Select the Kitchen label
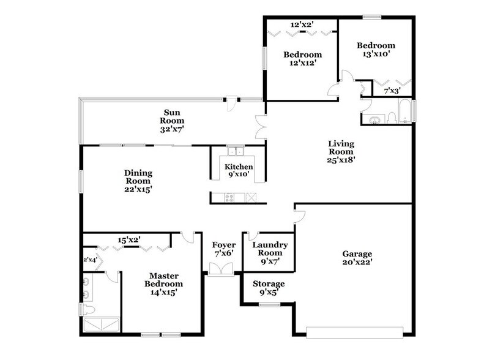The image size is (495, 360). coord(238,167)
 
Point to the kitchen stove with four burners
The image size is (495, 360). coord(230,197)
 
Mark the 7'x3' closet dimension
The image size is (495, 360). coord(392,91)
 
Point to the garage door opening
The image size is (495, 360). coord(355,333)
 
